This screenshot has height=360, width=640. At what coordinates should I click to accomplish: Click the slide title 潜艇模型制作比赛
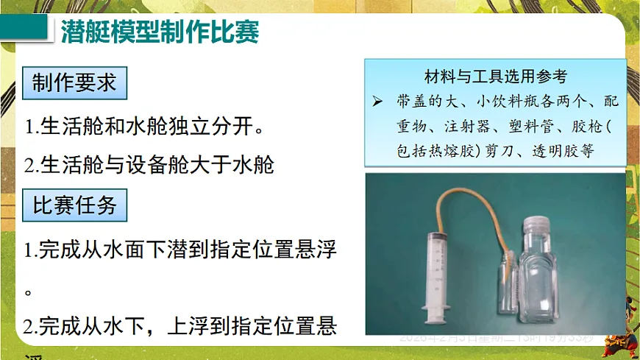[x=160, y=32]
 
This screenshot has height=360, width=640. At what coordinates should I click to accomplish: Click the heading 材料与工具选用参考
[x=495, y=75]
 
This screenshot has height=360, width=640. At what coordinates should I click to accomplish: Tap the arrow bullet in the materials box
[x=377, y=99]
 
